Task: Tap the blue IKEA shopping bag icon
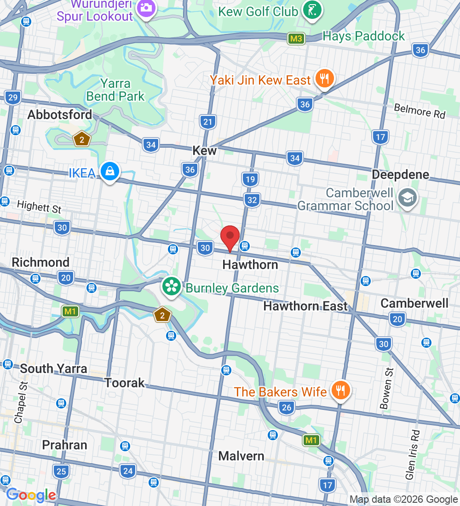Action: pos(110,172)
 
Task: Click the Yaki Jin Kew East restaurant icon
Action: pos(325,79)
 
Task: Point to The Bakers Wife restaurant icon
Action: pos(340,391)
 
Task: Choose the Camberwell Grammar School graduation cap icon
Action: pos(408,198)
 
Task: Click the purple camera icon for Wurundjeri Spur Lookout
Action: pos(147,7)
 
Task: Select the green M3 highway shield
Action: pos(296,39)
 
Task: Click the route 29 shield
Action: pos(13,97)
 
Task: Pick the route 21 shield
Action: pos(208,122)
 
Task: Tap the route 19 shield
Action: pos(250,179)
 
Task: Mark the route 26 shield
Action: pos(287,407)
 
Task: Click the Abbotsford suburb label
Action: pos(60,115)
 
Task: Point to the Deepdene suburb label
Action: pos(400,175)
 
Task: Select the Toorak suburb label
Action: pos(124,383)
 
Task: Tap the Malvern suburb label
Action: pos(241,456)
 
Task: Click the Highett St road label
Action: pos(39,207)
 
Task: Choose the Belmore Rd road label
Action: pos(420,111)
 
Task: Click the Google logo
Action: pos(31,495)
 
